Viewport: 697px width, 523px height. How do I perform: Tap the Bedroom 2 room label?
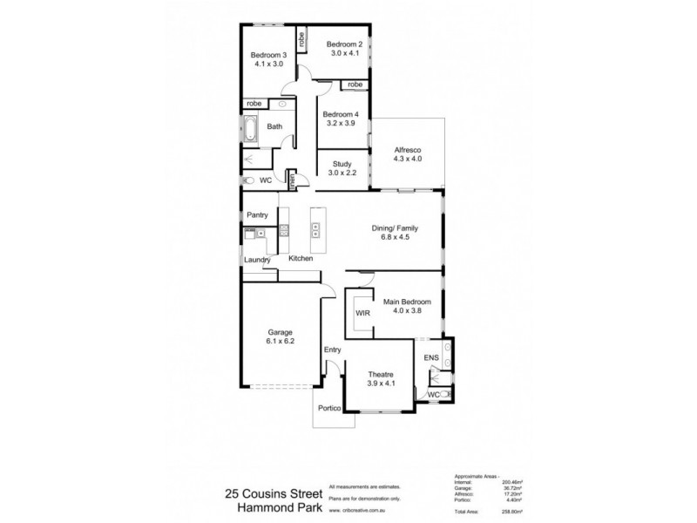pos(343,44)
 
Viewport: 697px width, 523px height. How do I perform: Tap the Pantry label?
pos(257,214)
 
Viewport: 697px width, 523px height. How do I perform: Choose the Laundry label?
pos(257,260)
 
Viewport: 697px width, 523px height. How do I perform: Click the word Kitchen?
pos(301,259)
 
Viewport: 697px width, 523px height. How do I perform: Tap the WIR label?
pos(361,311)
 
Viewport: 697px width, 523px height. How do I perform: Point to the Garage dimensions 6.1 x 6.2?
pos(280,342)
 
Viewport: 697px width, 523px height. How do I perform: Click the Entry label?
pos(332,350)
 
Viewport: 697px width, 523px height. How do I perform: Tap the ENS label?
pos(430,358)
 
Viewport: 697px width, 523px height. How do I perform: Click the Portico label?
pos(328,409)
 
